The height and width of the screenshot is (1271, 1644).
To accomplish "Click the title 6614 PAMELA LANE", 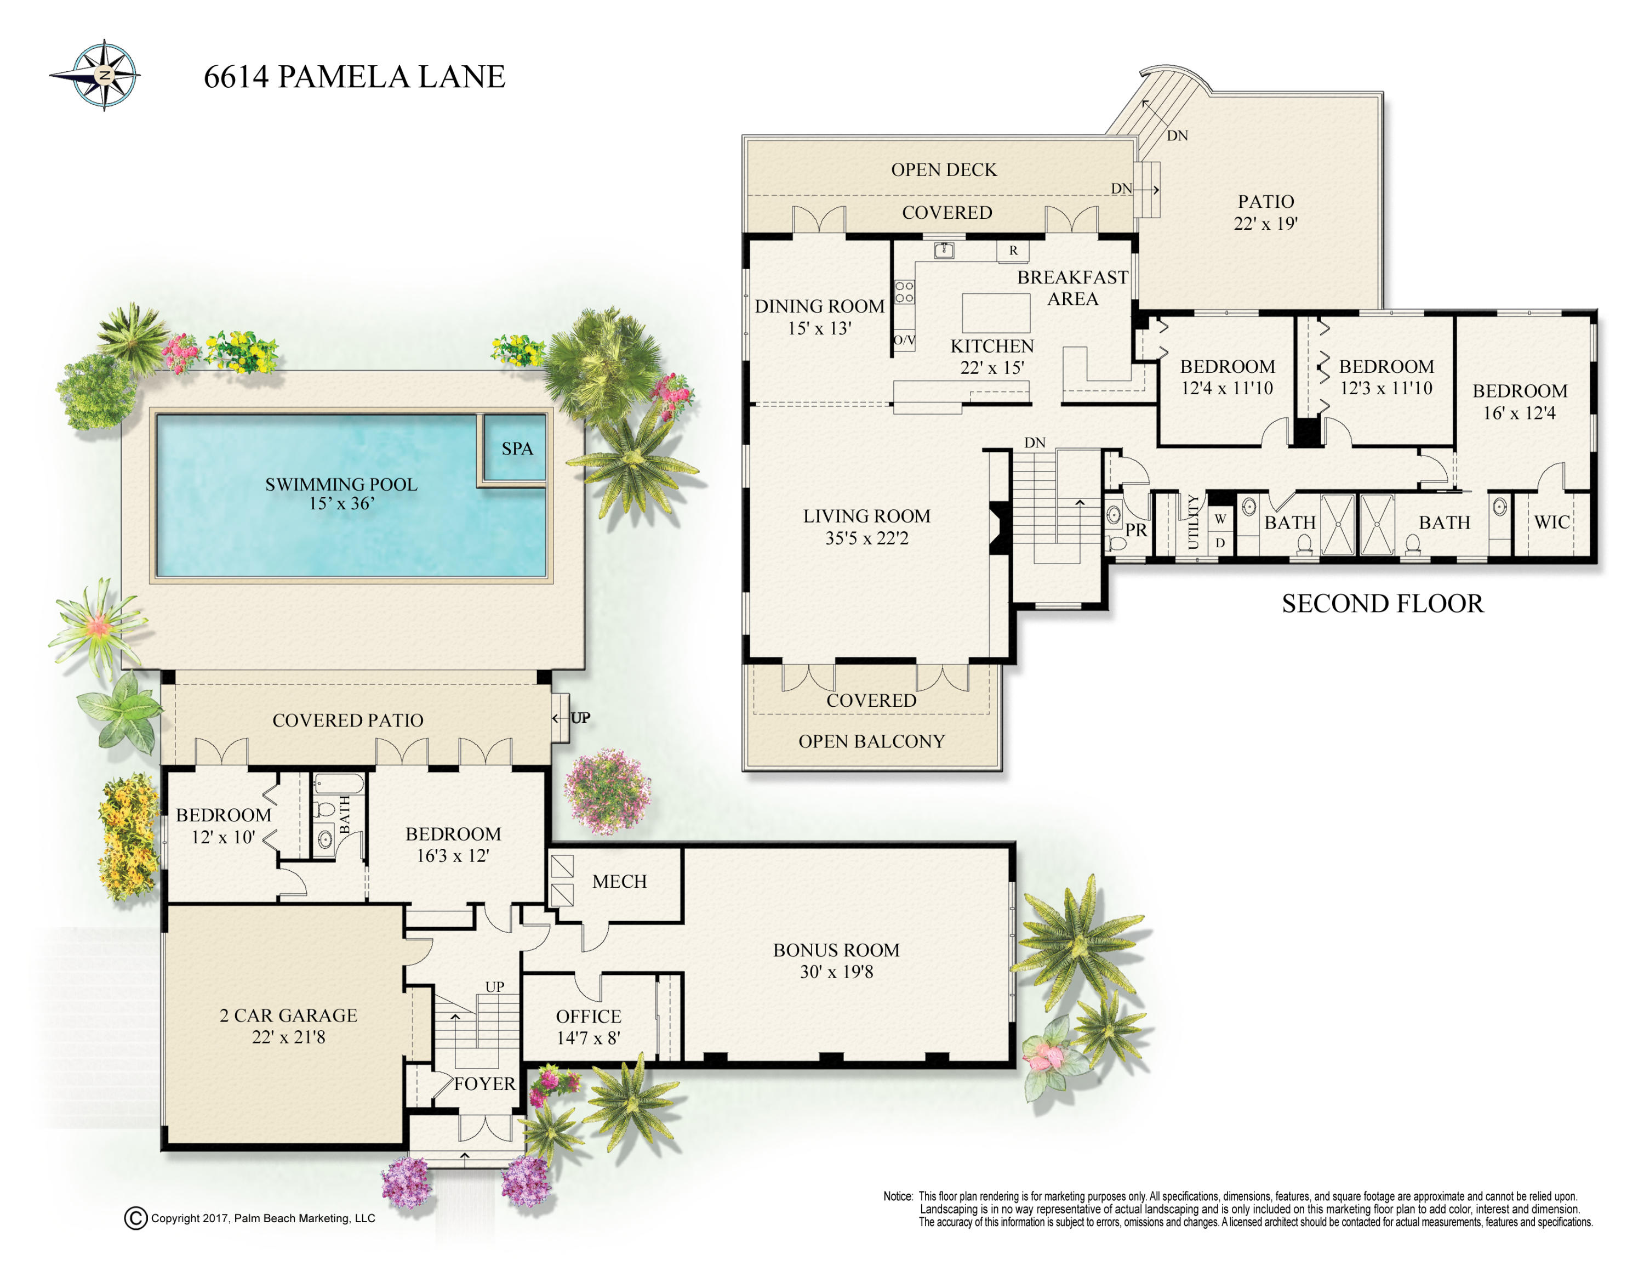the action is (355, 77).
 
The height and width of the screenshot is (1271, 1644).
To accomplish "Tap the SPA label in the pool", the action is (517, 449).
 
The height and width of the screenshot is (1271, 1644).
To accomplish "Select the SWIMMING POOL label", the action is (341, 484).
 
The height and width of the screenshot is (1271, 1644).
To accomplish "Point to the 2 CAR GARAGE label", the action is (288, 1015).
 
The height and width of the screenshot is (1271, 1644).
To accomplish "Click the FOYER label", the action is (485, 1083).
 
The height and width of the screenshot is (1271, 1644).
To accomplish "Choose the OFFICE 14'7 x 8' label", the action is (589, 1027).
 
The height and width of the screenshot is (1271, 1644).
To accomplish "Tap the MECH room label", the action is (619, 882).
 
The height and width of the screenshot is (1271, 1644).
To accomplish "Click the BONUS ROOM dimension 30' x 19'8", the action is (836, 972).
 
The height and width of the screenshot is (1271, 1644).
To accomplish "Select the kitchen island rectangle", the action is (996, 313).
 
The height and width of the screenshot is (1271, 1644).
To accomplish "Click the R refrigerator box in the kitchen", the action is (1013, 251).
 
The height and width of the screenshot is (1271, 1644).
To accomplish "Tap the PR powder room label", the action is (1136, 530).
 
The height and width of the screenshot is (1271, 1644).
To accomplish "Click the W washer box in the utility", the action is (1220, 519).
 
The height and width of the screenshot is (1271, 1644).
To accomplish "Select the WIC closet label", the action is (1552, 522).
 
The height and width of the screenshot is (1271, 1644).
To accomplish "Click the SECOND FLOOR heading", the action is (1383, 604).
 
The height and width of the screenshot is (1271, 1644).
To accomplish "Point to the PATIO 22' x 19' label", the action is (1266, 212).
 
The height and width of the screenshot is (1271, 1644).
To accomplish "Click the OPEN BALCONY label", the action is (872, 742).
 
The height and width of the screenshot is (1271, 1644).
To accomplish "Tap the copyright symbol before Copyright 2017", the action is (135, 1218).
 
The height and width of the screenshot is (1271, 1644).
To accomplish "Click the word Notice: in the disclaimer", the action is (898, 1196).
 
